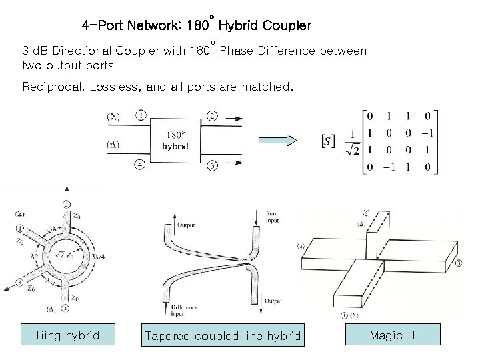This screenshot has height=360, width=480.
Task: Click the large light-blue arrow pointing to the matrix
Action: click(276, 140)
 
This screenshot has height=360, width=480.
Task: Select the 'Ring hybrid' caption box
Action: click(68, 335)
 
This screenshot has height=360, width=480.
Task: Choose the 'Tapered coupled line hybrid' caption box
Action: click(223, 335)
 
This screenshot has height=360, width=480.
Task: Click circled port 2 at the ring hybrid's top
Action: click(65, 203)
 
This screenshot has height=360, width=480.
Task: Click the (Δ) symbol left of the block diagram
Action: click(114, 144)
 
